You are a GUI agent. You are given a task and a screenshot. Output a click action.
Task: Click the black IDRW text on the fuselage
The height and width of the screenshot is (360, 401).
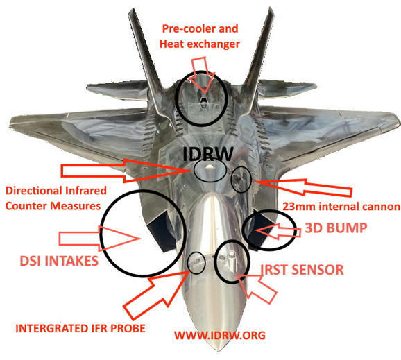(208, 154)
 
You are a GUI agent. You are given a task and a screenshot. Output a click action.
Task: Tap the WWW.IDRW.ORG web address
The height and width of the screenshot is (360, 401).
(220, 335)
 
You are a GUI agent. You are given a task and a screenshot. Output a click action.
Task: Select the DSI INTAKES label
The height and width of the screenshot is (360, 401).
(59, 261)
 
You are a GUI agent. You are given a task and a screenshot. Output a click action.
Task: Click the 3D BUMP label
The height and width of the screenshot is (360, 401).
(336, 228)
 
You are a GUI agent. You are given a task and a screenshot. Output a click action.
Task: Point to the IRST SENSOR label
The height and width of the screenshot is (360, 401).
(302, 270)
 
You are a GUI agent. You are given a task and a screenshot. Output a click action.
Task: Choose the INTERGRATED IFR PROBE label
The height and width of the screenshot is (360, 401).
(80, 328)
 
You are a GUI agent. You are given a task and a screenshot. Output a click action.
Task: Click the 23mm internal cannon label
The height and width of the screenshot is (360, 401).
(341, 207)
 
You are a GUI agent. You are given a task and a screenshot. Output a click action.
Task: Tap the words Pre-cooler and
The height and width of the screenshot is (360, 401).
(200, 28)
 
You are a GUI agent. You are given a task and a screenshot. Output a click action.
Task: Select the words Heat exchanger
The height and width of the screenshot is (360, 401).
(200, 44)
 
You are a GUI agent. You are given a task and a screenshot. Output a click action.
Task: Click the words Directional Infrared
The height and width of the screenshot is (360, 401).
(56, 191)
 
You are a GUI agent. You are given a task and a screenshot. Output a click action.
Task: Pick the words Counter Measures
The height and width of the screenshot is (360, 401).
(53, 206)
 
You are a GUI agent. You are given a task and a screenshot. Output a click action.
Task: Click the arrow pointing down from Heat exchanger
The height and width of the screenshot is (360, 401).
(203, 75)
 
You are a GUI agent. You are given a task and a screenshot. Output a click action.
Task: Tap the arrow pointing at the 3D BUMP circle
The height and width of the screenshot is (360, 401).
(278, 231)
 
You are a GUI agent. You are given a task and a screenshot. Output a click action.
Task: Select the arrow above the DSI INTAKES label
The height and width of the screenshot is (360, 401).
(99, 239)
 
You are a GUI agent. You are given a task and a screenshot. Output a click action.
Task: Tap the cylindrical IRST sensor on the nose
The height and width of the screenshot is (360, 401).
(232, 261)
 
